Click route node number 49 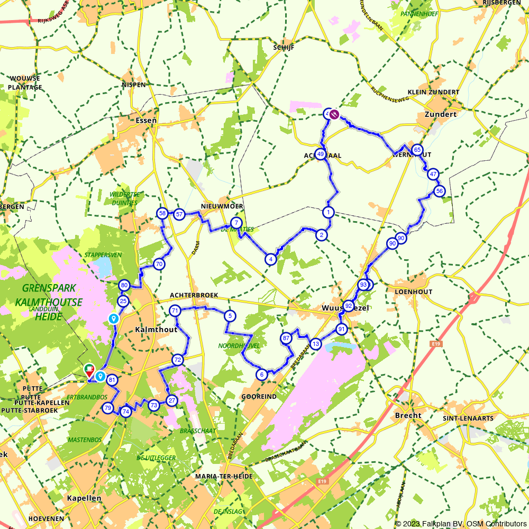pos(321,154)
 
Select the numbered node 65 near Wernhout pos(417,150)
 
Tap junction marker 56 pos(439,191)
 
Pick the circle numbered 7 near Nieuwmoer pos(236,223)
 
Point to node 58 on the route pos(162,213)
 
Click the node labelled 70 pos(159,264)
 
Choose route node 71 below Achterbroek pos(175,311)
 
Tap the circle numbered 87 pos(286,338)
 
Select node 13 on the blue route pos(316,344)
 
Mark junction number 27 pos(171,400)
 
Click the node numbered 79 pos(107,408)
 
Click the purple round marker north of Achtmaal pos(334,113)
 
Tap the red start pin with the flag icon pos(89,370)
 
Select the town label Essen pos(146,120)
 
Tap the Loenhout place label pos(414,291)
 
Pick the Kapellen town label pos(84,498)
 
